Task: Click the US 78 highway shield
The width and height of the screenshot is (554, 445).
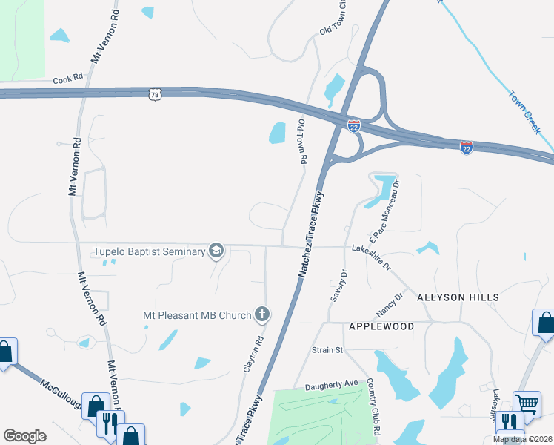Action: [154, 94]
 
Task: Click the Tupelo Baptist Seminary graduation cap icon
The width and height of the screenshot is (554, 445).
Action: [216, 251]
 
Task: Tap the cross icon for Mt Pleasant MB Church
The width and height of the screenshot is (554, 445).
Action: [261, 314]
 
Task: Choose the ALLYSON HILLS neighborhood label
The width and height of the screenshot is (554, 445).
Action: [458, 297]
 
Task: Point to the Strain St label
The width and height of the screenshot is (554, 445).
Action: [327, 349]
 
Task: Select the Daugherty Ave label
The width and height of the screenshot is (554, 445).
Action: [331, 384]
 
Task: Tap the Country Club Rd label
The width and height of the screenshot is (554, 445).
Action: [372, 409]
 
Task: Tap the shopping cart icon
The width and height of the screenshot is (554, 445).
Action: [527, 404]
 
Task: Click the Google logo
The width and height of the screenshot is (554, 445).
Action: [24, 436]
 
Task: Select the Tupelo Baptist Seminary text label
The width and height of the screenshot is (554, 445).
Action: [149, 251]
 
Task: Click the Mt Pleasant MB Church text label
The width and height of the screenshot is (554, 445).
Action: [197, 315]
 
